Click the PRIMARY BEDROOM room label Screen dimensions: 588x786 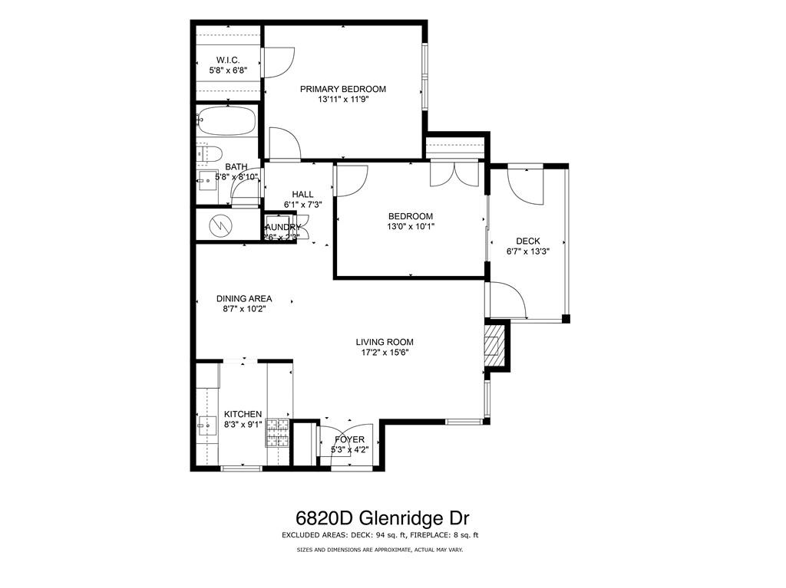(342, 89)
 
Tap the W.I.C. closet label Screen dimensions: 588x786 (228, 59)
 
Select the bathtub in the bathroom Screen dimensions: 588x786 (226, 121)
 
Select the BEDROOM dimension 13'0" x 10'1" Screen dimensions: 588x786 (410, 227)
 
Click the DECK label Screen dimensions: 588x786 (527, 241)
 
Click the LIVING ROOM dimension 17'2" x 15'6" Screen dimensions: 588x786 (385, 353)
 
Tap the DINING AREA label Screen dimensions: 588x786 (244, 299)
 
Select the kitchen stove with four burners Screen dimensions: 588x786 (278, 433)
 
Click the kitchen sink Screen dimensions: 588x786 (206, 424)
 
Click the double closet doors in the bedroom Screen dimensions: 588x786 (455, 175)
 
